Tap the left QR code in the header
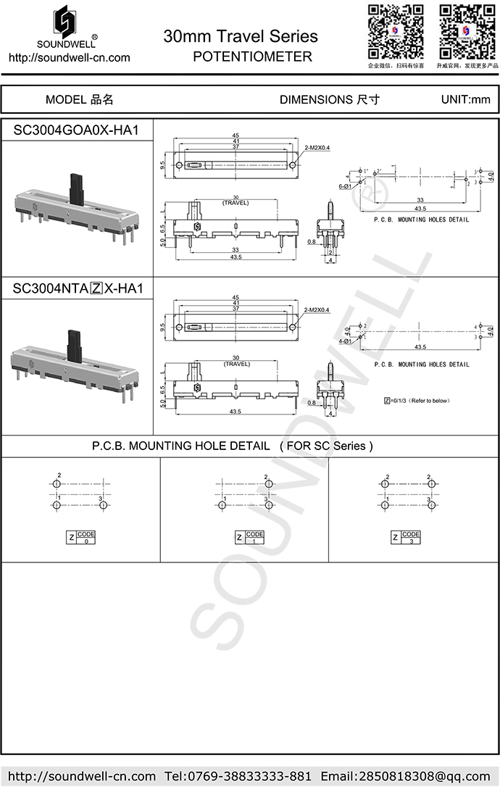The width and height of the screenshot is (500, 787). (x=395, y=31)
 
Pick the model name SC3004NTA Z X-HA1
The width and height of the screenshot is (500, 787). (x=78, y=288)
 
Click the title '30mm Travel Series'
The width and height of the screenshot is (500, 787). (x=241, y=36)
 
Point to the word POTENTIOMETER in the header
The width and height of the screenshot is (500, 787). (x=253, y=57)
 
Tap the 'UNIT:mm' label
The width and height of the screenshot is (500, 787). (x=465, y=100)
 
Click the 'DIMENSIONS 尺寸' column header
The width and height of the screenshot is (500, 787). (x=330, y=100)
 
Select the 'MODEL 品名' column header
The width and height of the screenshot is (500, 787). (x=80, y=100)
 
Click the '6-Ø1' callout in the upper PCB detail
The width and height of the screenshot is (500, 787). (x=345, y=186)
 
